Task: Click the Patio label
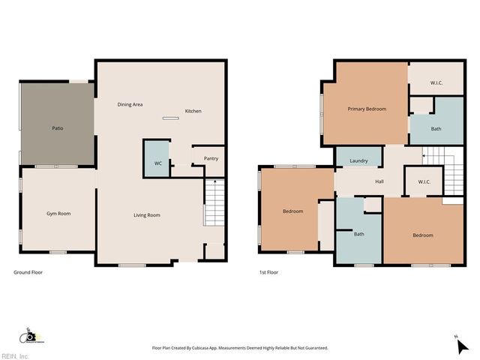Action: click(57, 128)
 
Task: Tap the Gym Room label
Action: click(58, 214)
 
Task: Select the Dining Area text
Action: click(130, 104)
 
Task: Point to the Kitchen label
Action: click(193, 111)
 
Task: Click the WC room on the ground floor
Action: click(157, 163)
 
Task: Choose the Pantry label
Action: click(211, 158)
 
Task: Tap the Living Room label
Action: click(147, 215)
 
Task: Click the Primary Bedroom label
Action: click(367, 109)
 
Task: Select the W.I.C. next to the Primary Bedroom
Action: click(436, 83)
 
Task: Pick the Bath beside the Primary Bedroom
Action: click(436, 128)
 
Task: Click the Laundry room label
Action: click(358, 160)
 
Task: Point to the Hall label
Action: click(379, 181)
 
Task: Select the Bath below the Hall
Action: click(359, 234)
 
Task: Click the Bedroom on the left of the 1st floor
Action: click(292, 211)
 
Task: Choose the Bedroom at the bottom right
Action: click(422, 235)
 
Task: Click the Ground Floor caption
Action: click(28, 272)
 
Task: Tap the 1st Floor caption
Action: click(268, 272)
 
